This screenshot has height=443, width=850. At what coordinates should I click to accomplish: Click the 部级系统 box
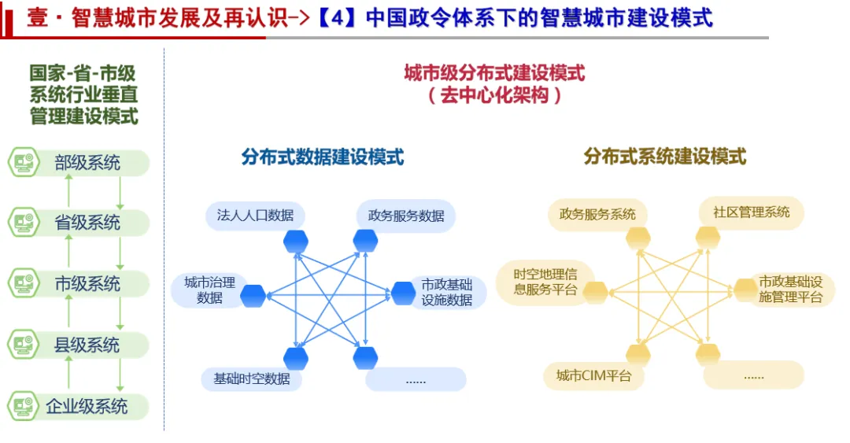point(87,163)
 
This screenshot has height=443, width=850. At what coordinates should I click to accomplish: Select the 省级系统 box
point(87,223)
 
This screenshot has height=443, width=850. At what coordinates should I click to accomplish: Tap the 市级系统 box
point(87,284)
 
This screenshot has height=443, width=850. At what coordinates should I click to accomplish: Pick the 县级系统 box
point(87,345)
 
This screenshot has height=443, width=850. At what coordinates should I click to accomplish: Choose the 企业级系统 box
point(87,406)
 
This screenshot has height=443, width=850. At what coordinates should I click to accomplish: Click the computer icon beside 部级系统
point(24,163)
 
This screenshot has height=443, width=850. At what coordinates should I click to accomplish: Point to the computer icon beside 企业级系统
point(24,406)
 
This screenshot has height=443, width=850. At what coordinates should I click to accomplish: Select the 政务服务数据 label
point(405,216)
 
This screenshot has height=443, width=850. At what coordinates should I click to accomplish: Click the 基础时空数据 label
point(252,378)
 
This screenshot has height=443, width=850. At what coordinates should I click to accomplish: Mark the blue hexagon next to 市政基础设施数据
point(403,293)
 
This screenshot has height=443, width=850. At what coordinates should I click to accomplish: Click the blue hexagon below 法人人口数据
point(296,241)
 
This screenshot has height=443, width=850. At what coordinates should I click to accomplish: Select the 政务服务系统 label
point(597,214)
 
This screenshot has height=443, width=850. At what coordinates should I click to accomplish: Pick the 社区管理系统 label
point(752,212)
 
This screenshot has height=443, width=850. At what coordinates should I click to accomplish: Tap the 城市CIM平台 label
point(593,375)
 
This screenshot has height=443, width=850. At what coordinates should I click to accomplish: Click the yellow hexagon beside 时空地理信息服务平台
point(594,293)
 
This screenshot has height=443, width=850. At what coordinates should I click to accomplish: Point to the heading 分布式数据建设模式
point(322,157)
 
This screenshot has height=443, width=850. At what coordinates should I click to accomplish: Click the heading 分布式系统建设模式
point(664,157)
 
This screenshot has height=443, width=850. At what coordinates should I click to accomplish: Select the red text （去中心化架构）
point(494,96)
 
